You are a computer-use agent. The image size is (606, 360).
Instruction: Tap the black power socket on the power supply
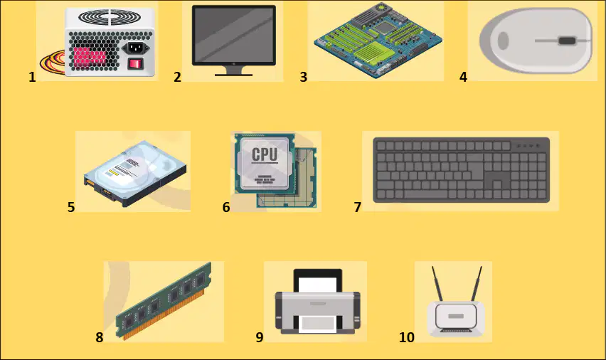(136, 48)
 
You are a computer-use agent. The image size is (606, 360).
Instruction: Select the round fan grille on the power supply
(110, 17)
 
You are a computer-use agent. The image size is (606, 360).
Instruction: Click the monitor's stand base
(233, 74)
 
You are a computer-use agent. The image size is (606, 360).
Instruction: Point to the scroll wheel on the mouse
(567, 41)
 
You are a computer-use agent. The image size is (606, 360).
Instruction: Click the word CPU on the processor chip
(265, 154)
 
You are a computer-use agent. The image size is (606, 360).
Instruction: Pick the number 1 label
(32, 77)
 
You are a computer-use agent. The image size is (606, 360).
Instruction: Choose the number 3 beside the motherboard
(304, 77)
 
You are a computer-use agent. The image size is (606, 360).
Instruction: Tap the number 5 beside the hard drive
(70, 207)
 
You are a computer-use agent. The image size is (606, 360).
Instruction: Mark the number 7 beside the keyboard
(358, 207)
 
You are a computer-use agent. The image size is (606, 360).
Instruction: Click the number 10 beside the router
(407, 337)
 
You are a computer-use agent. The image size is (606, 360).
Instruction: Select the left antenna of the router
(437, 284)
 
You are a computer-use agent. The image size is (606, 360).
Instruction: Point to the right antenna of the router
(476, 284)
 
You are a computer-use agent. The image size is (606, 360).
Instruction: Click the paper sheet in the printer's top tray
(318, 285)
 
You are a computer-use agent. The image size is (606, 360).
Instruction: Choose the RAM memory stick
(164, 301)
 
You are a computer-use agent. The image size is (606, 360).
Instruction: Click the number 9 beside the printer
(260, 337)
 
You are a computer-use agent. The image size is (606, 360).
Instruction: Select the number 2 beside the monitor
(177, 77)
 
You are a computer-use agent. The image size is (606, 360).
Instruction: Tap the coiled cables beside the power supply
(53, 63)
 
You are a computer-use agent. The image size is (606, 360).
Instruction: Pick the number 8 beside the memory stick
(100, 337)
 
